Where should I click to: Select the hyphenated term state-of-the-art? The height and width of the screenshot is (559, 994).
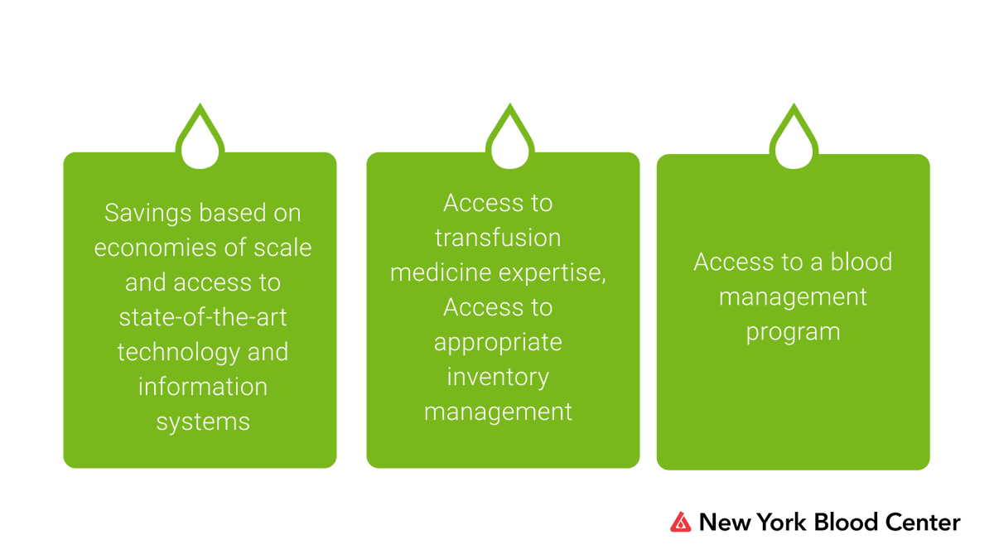pyautogui.click(x=203, y=318)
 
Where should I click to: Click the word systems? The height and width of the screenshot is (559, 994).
pyautogui.click(x=203, y=422)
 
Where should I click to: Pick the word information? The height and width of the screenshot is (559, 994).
pyautogui.click(x=203, y=388)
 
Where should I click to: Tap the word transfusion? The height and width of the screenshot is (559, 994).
pyautogui.click(x=498, y=239)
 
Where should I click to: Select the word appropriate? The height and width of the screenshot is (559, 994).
pyautogui.click(x=498, y=343)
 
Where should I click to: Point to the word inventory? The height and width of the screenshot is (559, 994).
pyautogui.click(x=498, y=378)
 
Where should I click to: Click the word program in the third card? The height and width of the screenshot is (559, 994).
pyautogui.click(x=793, y=332)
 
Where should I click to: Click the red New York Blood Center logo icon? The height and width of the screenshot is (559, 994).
pyautogui.click(x=680, y=522)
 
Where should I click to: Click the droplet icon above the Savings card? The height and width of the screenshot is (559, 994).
pyautogui.click(x=200, y=141)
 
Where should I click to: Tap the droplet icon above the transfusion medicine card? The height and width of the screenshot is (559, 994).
pyautogui.click(x=510, y=141)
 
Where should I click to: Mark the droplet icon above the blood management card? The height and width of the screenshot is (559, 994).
pyautogui.click(x=794, y=141)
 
